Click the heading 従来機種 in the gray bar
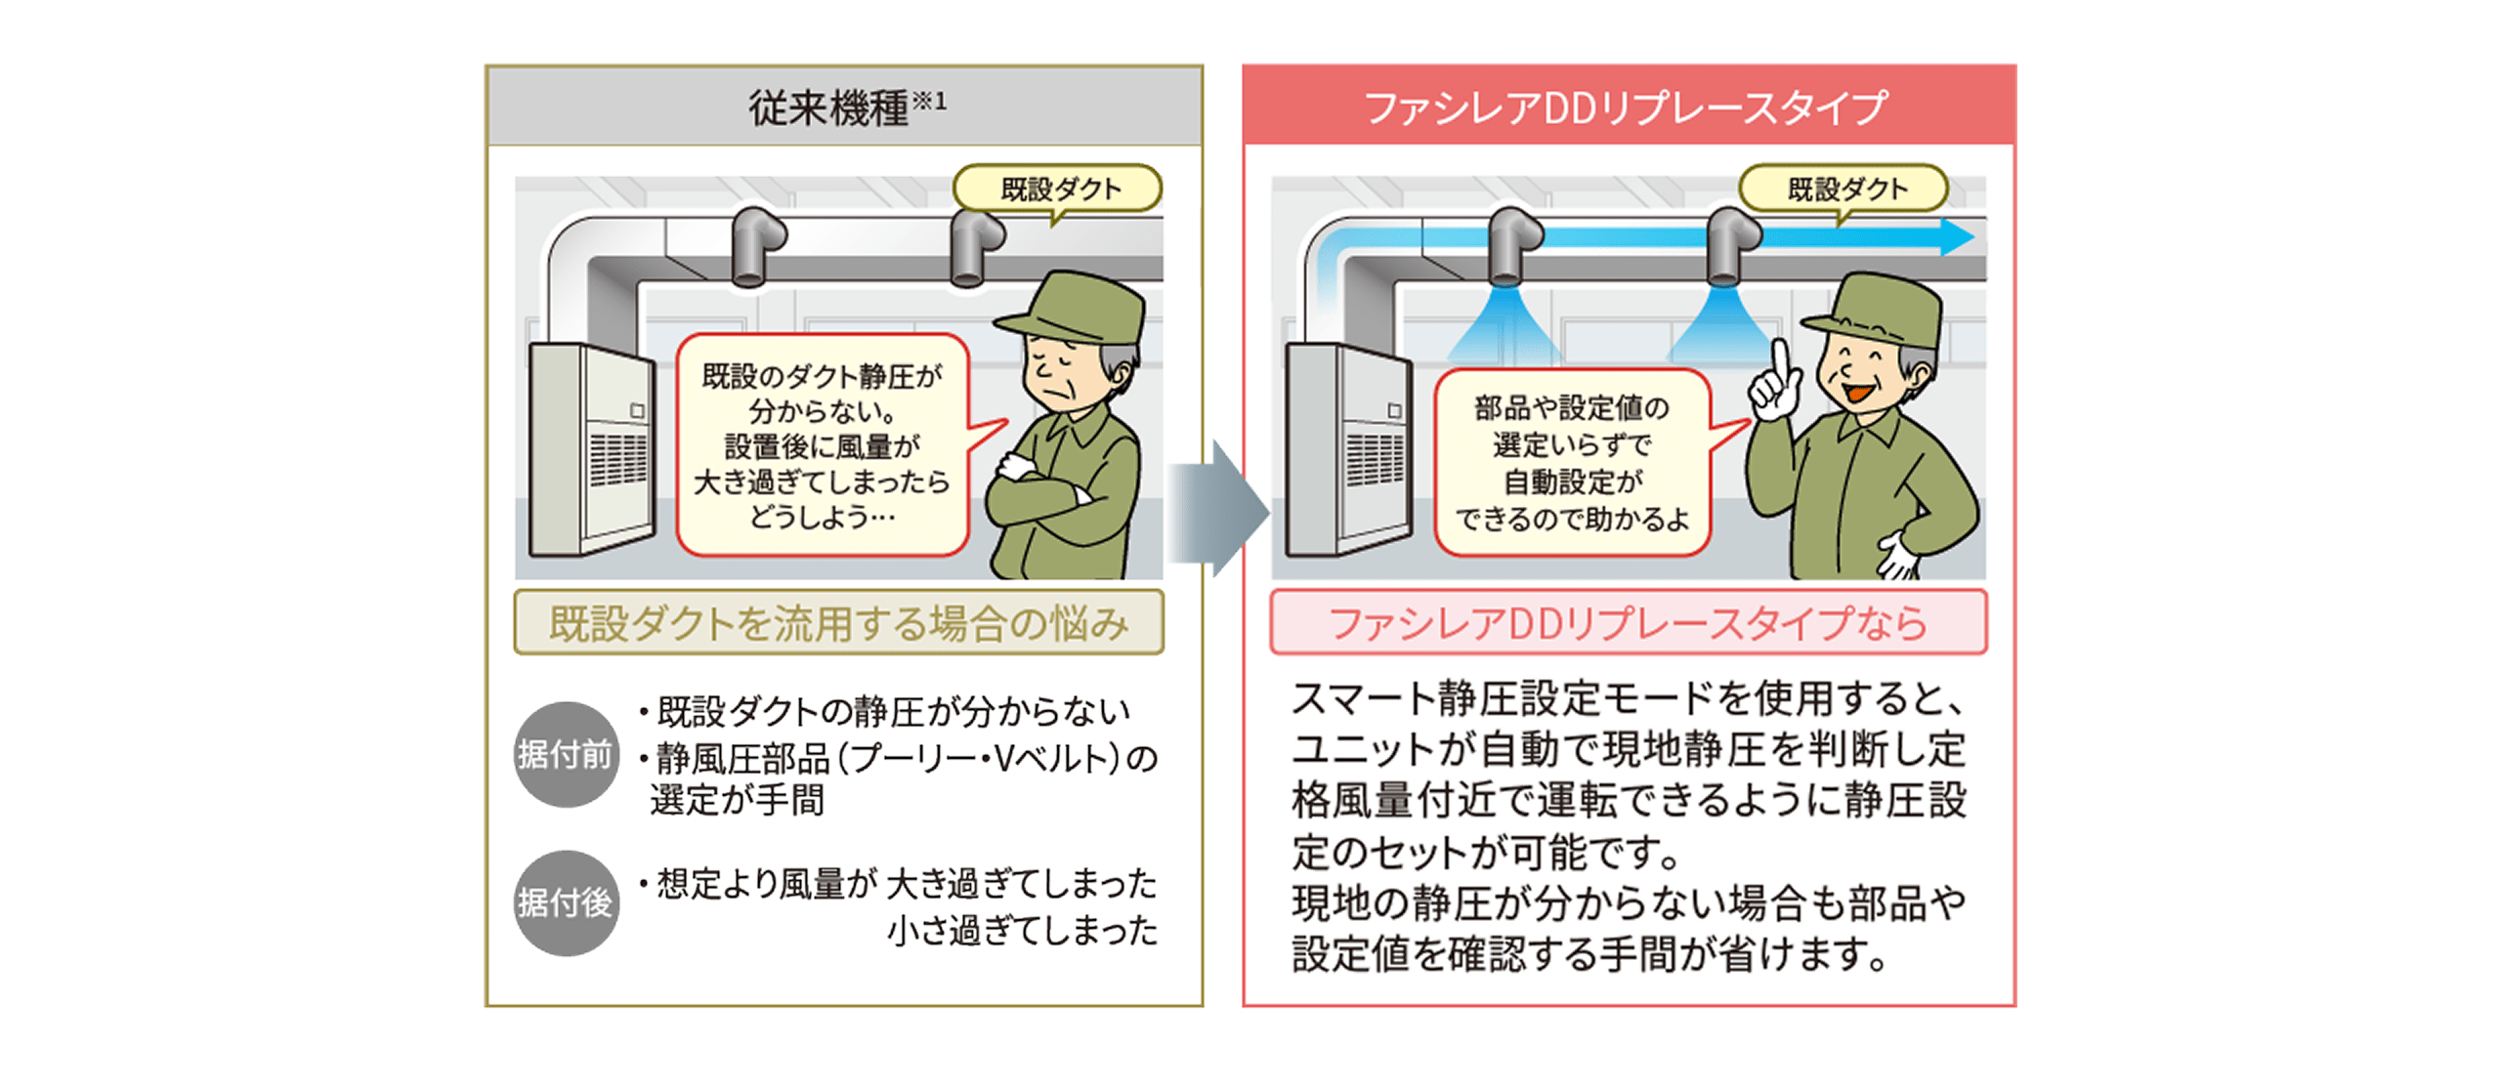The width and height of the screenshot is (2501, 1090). (827, 107)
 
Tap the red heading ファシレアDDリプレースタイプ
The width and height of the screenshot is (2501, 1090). (1626, 107)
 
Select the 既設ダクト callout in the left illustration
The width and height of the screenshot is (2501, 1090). (1059, 189)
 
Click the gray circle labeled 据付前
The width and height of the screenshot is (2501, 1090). (566, 754)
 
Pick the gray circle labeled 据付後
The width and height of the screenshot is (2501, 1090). (566, 902)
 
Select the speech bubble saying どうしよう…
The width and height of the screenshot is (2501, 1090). (822, 445)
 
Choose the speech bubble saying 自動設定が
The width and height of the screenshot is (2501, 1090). (1571, 463)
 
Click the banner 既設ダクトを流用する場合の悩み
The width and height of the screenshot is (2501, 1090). (838, 623)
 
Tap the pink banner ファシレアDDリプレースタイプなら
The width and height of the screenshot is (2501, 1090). (1628, 623)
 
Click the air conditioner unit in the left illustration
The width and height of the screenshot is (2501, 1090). (589, 449)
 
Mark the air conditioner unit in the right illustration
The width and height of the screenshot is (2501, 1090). (1347, 449)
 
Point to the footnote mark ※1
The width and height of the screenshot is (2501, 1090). (929, 101)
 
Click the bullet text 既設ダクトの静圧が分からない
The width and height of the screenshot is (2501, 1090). (892, 711)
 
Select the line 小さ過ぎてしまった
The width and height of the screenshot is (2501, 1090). (1022, 930)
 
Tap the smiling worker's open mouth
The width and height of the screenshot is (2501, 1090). (1856, 392)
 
